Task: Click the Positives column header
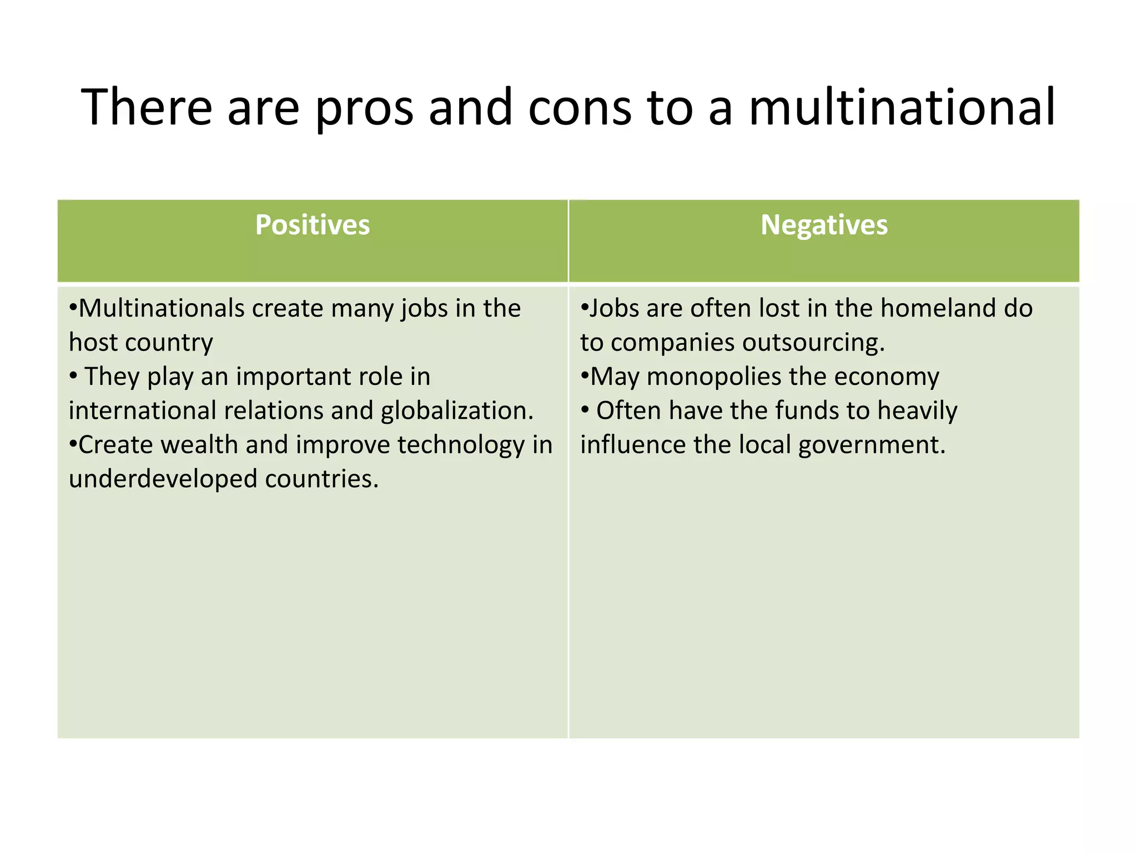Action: pyautogui.click(x=313, y=225)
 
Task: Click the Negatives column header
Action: pyautogui.click(x=824, y=225)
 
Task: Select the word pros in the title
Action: pyautogui.click(x=364, y=109)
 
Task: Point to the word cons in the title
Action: pyautogui.click(x=580, y=108)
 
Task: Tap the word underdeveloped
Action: pyautogui.click(x=163, y=479)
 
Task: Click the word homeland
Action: pyautogui.click(x=938, y=308)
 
